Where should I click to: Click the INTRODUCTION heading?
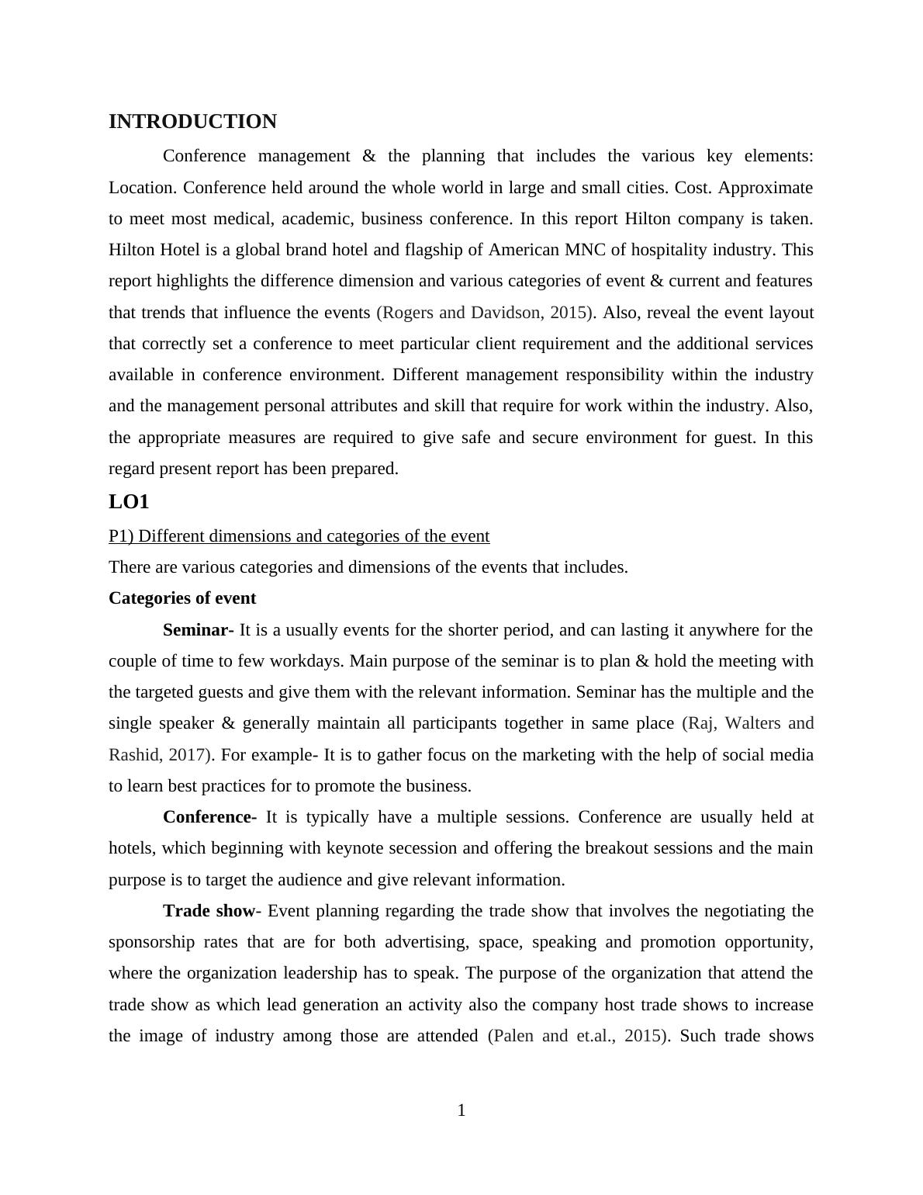tap(192, 122)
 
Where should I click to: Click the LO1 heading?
tap(129, 502)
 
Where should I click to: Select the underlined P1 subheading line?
tap(299, 536)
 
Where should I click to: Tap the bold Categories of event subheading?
tap(182, 598)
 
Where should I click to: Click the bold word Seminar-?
tap(198, 630)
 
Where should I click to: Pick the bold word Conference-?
tap(209, 817)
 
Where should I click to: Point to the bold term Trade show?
tap(209, 911)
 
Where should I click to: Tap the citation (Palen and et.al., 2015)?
tap(578, 1036)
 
